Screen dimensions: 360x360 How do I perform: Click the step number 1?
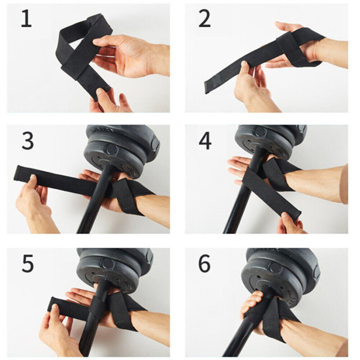click(26, 19)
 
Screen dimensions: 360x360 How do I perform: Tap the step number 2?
click(204, 19)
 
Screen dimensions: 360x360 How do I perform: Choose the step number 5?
click(27, 264)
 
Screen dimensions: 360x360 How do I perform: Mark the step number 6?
click(204, 264)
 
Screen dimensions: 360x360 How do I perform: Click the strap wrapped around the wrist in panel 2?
click(299, 47)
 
